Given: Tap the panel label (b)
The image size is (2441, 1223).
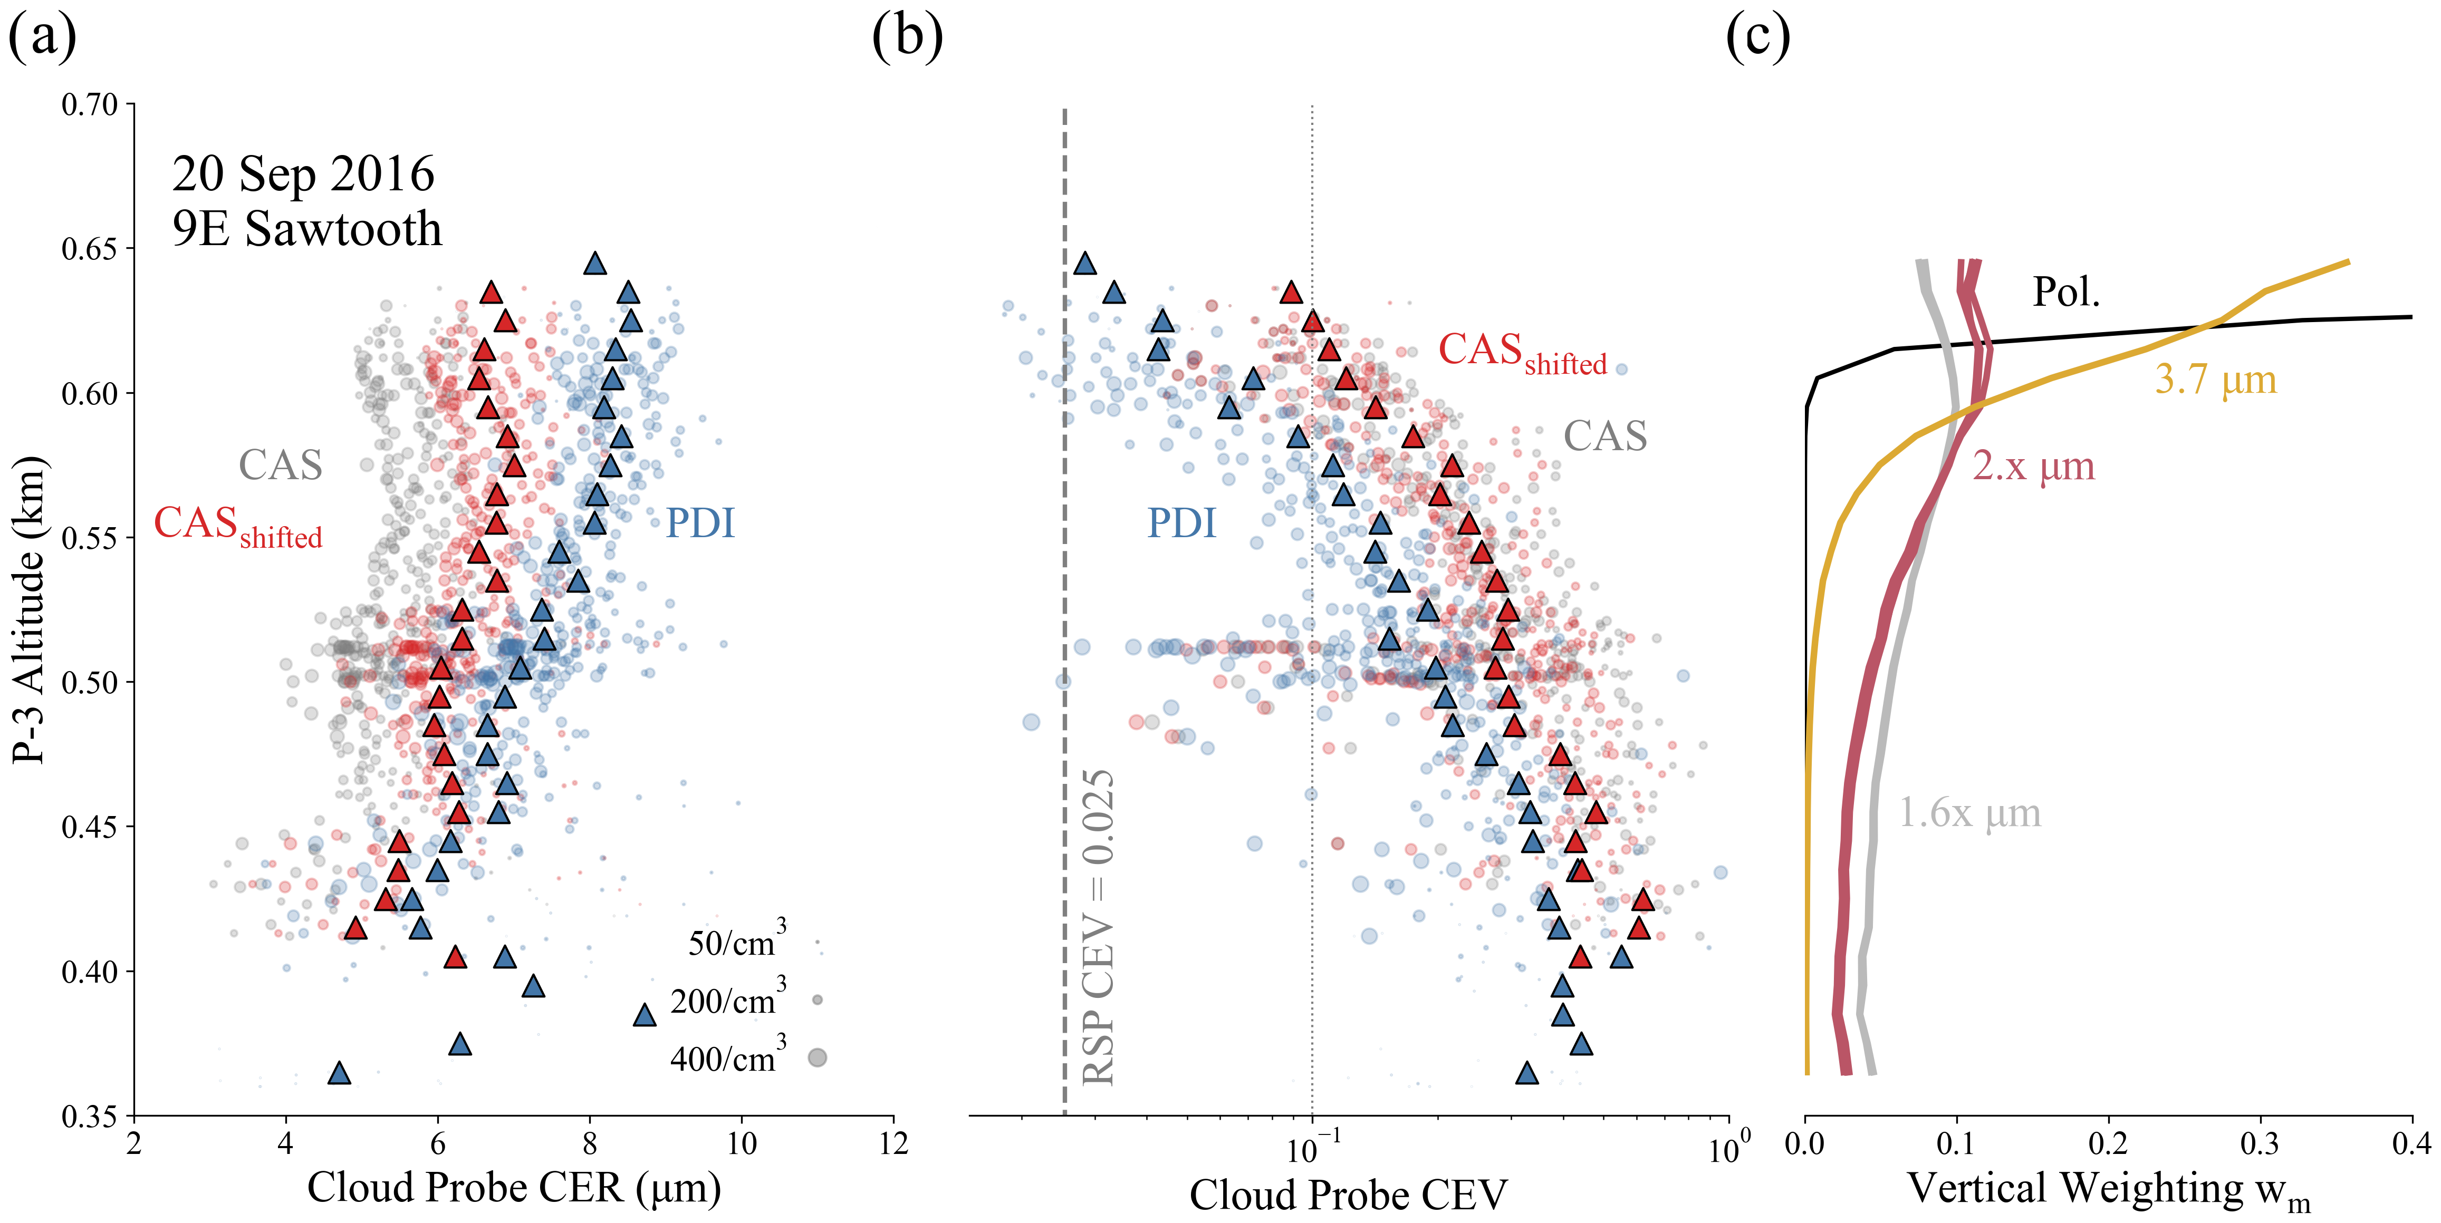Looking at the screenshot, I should (x=907, y=38).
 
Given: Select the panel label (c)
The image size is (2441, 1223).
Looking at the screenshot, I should (x=1758, y=38).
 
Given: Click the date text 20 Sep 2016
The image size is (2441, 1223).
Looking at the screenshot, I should (x=303, y=174).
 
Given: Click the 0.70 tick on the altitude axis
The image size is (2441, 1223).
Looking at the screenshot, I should (x=90, y=104).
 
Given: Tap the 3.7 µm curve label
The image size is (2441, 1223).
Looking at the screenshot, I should (x=2215, y=380).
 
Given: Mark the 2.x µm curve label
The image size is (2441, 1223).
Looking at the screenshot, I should (x=2033, y=466).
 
